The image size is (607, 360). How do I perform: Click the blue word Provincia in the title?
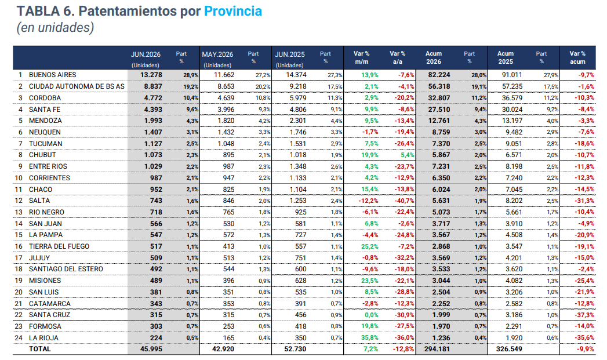pyautogui.click(x=233, y=11)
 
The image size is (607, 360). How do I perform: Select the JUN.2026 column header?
pyautogui.click(x=146, y=54)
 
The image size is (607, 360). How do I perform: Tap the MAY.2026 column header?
pyautogui.click(x=217, y=54)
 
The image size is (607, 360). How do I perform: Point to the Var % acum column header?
pyautogui.click(x=577, y=57)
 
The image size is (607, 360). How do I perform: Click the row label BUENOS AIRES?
pyautogui.click(x=53, y=75)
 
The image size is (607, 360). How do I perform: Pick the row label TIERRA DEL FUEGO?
pyautogui.click(x=59, y=246)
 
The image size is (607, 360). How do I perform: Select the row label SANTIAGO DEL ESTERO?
pyautogui.click(x=66, y=269)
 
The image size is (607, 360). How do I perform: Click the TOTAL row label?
pyautogui.click(x=40, y=349)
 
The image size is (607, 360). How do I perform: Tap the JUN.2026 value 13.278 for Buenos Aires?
pyautogui.click(x=151, y=75)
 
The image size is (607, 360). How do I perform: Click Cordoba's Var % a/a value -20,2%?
pyautogui.click(x=404, y=98)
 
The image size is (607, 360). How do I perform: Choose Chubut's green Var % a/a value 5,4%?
pyautogui.click(x=407, y=155)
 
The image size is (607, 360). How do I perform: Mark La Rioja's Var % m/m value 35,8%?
pyautogui.click(x=370, y=337)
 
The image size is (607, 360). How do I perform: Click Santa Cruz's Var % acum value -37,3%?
pyautogui.click(x=584, y=315)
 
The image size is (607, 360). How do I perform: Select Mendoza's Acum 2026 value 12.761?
pyautogui.click(x=439, y=121)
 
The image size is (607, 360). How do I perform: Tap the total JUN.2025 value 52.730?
pyautogui.click(x=295, y=349)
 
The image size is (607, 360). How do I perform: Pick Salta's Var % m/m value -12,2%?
pyautogui.click(x=369, y=201)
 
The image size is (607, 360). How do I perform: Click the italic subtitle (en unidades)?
pyautogui.click(x=55, y=28)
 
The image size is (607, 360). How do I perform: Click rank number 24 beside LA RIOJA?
pyautogui.click(x=19, y=338)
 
